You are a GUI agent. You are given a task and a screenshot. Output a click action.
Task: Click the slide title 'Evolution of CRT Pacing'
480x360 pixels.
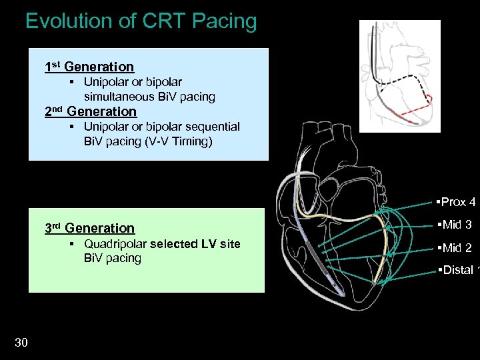point(141,21)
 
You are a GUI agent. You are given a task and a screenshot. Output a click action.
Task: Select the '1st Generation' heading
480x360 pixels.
point(89,67)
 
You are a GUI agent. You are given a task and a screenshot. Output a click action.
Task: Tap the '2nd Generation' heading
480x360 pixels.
point(90,111)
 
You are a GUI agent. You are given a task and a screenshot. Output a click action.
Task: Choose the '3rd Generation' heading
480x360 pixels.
point(89,228)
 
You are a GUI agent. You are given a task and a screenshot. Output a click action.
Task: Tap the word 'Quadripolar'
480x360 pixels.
point(115,244)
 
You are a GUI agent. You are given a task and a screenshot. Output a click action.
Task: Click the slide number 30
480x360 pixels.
point(21,343)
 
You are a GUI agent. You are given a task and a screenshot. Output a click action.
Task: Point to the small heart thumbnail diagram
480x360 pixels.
point(400,76)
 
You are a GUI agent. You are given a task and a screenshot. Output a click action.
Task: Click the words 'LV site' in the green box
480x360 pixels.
point(219,244)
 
